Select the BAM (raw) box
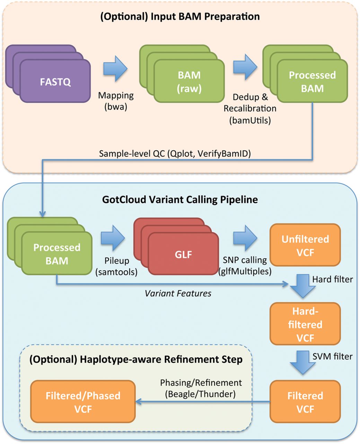189,82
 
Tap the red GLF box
183,254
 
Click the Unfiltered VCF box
305,246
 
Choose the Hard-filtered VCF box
305,324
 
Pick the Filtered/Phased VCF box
83,402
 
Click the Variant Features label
178,293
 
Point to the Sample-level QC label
175,154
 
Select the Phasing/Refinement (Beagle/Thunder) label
201,388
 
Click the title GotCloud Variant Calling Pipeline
180,199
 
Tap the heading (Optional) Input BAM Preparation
180,16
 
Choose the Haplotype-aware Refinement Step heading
136,359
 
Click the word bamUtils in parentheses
250,121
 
